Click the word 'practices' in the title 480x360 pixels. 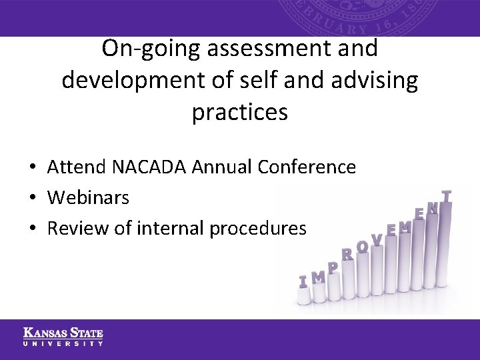[240, 112]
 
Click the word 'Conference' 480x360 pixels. [310, 167]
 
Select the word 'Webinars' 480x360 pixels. [88, 197]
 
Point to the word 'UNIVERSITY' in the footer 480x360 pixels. [63, 343]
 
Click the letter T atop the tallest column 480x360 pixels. [447, 196]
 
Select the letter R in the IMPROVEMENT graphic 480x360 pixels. [347, 254]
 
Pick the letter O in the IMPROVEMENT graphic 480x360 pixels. [362, 247]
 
